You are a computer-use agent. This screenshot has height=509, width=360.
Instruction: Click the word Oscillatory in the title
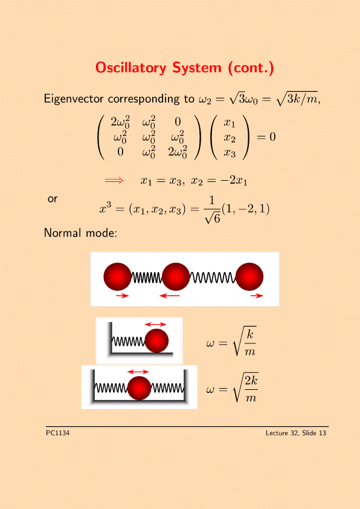(130, 68)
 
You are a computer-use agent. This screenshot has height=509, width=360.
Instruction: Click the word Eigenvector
(74, 99)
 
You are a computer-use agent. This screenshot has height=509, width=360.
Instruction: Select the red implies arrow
(114, 181)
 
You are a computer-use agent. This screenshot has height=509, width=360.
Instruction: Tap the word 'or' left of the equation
(52, 199)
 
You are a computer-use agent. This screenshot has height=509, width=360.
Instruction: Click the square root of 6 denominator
(213, 218)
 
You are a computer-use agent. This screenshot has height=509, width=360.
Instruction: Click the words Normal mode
(80, 233)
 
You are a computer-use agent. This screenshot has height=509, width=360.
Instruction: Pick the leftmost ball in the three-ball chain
(117, 277)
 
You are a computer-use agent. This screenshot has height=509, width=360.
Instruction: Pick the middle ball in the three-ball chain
(175, 277)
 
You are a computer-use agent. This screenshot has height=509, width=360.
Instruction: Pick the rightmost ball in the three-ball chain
(249, 277)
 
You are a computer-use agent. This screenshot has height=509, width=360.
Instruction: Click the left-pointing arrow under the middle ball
(170, 296)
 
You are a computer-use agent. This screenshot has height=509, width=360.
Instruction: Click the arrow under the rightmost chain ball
(257, 296)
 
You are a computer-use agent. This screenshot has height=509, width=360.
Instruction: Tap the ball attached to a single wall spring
(156, 340)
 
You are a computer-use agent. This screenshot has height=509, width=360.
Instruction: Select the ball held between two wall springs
(139, 388)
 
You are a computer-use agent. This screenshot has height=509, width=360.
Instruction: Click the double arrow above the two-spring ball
(138, 372)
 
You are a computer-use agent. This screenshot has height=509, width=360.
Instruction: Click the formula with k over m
(231, 343)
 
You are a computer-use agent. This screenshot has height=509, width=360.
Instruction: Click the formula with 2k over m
(232, 388)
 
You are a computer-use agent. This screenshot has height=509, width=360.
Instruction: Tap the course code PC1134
(58, 433)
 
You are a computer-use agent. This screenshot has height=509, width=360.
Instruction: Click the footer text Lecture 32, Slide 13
(296, 433)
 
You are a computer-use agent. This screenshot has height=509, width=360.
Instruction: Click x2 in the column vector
(230, 138)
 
